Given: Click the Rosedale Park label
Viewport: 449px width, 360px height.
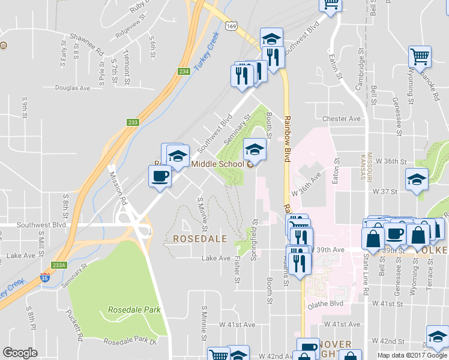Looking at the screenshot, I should pyautogui.click(x=134, y=310).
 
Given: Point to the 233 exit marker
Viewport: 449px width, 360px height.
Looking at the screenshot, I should pyautogui.click(x=133, y=122).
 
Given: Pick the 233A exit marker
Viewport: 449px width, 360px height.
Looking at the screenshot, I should pyautogui.click(x=59, y=265).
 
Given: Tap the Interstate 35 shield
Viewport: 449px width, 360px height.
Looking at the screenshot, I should pyautogui.click(x=45, y=278).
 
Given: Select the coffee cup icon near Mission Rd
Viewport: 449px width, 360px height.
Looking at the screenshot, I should pyautogui.click(x=160, y=176).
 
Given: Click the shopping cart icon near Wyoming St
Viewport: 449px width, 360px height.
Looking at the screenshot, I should pyautogui.click(x=420, y=57).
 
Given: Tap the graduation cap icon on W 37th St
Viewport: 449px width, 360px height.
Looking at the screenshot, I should pyautogui.click(x=417, y=179).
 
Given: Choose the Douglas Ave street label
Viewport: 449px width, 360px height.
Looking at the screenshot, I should pyautogui.click(x=72, y=88).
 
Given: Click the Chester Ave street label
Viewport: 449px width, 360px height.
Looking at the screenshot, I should pyautogui.click(x=342, y=119).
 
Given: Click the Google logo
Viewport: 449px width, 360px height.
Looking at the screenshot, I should pyautogui.click(x=20, y=353).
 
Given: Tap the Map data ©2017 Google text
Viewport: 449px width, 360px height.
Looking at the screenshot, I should pyautogui.click(x=411, y=355).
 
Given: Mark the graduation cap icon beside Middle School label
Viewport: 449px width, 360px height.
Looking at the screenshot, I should pyautogui.click(x=254, y=149).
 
